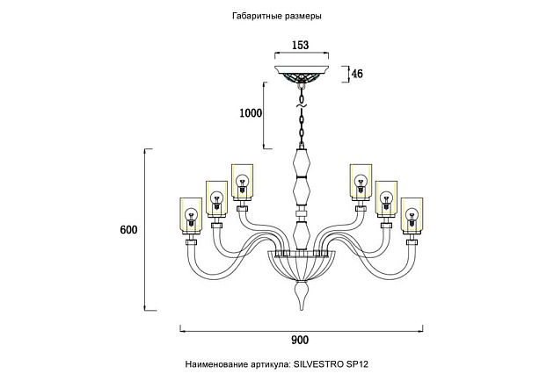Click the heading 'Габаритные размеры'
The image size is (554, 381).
pyautogui.click(x=276, y=16)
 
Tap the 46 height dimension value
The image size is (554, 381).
pyautogui.click(x=357, y=75)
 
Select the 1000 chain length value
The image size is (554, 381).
pyautogui.click(x=251, y=113)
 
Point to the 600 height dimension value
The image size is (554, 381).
pyautogui.click(x=128, y=230)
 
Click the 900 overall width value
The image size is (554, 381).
pyautogui.click(x=301, y=341)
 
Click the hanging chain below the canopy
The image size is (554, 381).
pyautogui.click(x=302, y=119)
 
